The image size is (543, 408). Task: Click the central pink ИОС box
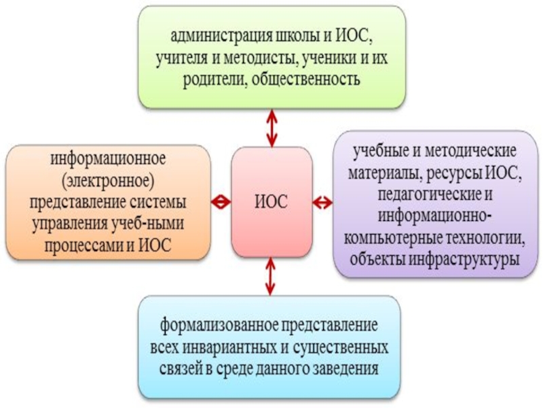tap(271, 202)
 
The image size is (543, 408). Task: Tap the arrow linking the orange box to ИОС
tap(221, 202)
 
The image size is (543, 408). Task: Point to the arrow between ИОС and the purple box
tap(323, 202)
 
